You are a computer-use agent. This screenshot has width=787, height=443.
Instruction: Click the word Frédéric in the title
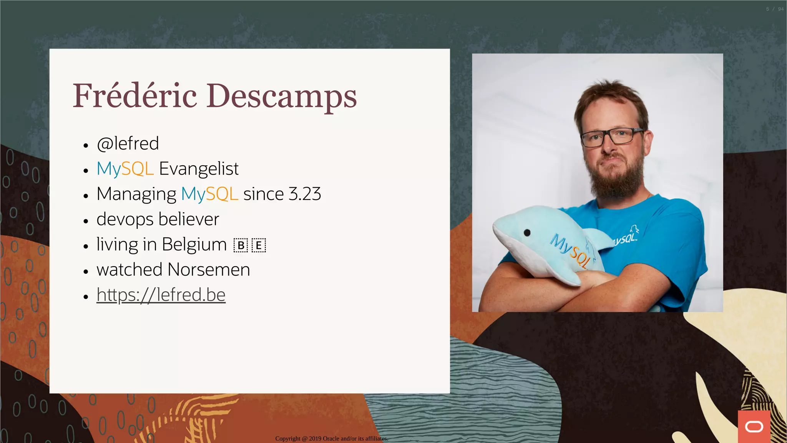[135, 96]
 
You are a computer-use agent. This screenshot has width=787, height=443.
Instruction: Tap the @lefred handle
[128, 143]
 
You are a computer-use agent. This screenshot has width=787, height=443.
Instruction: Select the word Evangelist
[199, 169]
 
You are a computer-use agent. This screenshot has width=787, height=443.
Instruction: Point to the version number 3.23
[305, 194]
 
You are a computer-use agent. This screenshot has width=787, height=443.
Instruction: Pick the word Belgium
[194, 245]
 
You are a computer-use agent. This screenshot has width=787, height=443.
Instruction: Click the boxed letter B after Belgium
[241, 245]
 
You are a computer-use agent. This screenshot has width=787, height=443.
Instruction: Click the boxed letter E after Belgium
[259, 245]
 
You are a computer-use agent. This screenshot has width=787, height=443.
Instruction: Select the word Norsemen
[209, 270]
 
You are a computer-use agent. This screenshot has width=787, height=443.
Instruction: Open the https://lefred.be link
[161, 295]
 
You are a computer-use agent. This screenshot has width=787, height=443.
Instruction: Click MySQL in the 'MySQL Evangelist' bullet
[125, 169]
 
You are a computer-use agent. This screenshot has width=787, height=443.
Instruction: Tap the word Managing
[136, 194]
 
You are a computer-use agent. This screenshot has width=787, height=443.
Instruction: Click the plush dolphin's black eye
[527, 232]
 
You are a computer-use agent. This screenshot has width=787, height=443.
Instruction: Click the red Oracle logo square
[754, 426]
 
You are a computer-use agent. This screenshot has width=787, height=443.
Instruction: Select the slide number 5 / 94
[774, 9]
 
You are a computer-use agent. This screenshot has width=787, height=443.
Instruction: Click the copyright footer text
[332, 438]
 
